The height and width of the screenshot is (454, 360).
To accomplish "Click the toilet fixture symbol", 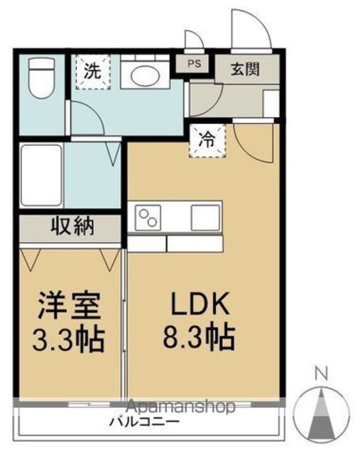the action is pyautogui.click(x=41, y=78).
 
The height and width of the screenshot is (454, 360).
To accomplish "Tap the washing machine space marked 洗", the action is pyautogui.click(x=93, y=72).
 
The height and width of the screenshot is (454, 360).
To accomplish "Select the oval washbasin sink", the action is pyautogui.click(x=145, y=76).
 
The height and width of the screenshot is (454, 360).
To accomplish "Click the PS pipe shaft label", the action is pyautogui.click(x=195, y=63).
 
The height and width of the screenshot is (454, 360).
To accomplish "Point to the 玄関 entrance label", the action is pyautogui.click(x=245, y=70).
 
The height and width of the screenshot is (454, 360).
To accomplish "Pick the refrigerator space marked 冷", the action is pyautogui.click(x=207, y=140).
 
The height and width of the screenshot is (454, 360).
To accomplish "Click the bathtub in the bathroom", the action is pyautogui.click(x=42, y=175).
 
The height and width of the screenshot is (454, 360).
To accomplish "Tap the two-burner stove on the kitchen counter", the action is pyautogui.click(x=148, y=218).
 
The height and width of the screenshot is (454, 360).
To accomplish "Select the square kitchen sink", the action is pyautogui.click(x=205, y=218).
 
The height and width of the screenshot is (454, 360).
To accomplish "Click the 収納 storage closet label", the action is pyautogui.click(x=72, y=226).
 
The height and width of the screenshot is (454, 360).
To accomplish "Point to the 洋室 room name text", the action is pyautogui.click(x=70, y=306).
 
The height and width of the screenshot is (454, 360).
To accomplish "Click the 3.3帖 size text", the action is pyautogui.click(x=68, y=340).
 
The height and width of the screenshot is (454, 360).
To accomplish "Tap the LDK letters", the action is pyautogui.click(x=200, y=304).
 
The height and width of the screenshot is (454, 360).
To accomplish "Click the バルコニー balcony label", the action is pyautogui.click(x=144, y=421).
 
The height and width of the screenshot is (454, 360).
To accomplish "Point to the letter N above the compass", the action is pyautogui.click(x=322, y=374).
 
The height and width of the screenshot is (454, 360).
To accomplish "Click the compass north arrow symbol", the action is pyautogui.click(x=322, y=414).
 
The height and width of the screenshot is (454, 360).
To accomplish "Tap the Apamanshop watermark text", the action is pyautogui.click(x=180, y=406).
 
